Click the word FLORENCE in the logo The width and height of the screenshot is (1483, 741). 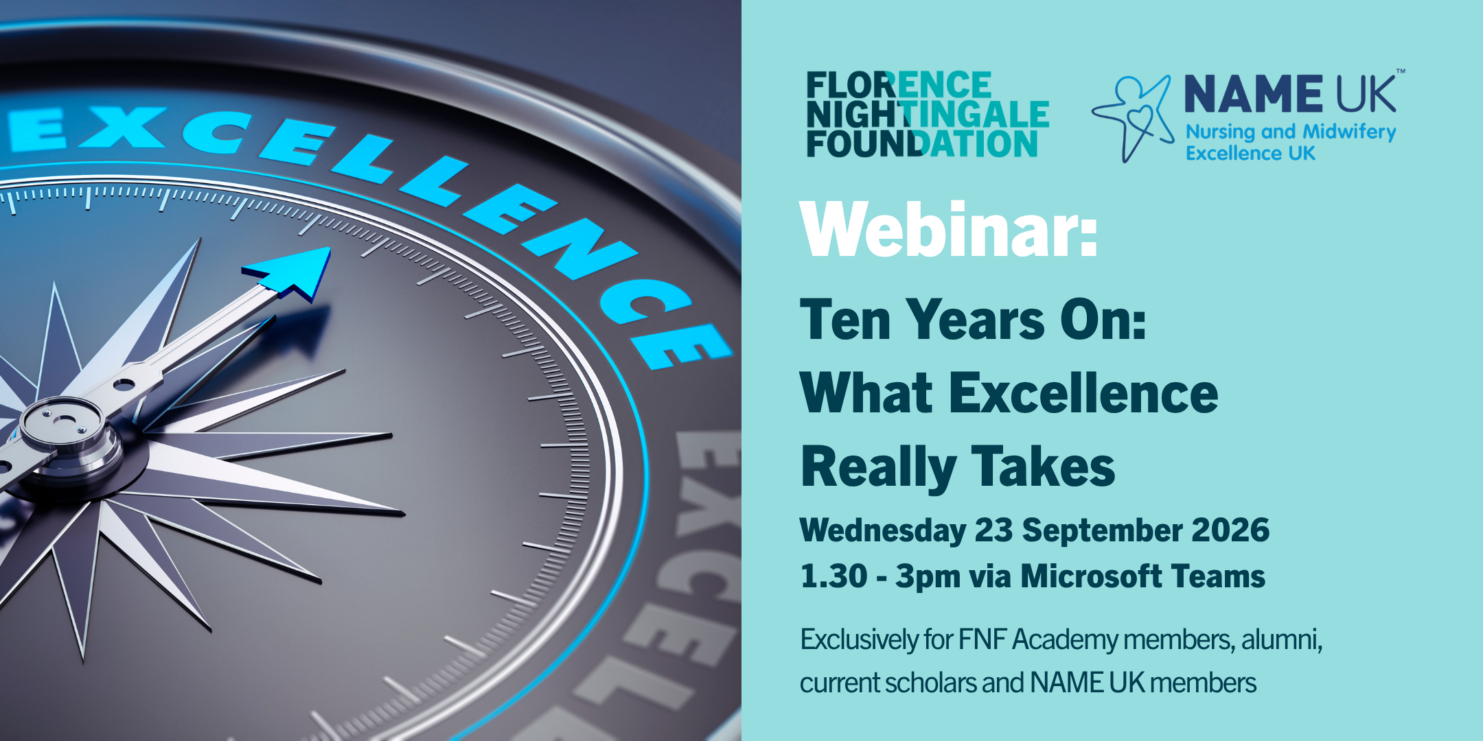(899, 86)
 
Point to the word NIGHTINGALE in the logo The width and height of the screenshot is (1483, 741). (928, 115)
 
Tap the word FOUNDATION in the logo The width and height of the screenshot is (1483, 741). (922, 143)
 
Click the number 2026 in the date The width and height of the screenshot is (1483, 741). (1231, 530)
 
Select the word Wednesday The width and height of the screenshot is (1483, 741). (883, 531)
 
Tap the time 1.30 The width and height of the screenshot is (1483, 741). (834, 576)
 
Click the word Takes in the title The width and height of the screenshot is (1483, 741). (1043, 467)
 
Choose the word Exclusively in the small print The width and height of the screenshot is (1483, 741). (859, 639)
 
